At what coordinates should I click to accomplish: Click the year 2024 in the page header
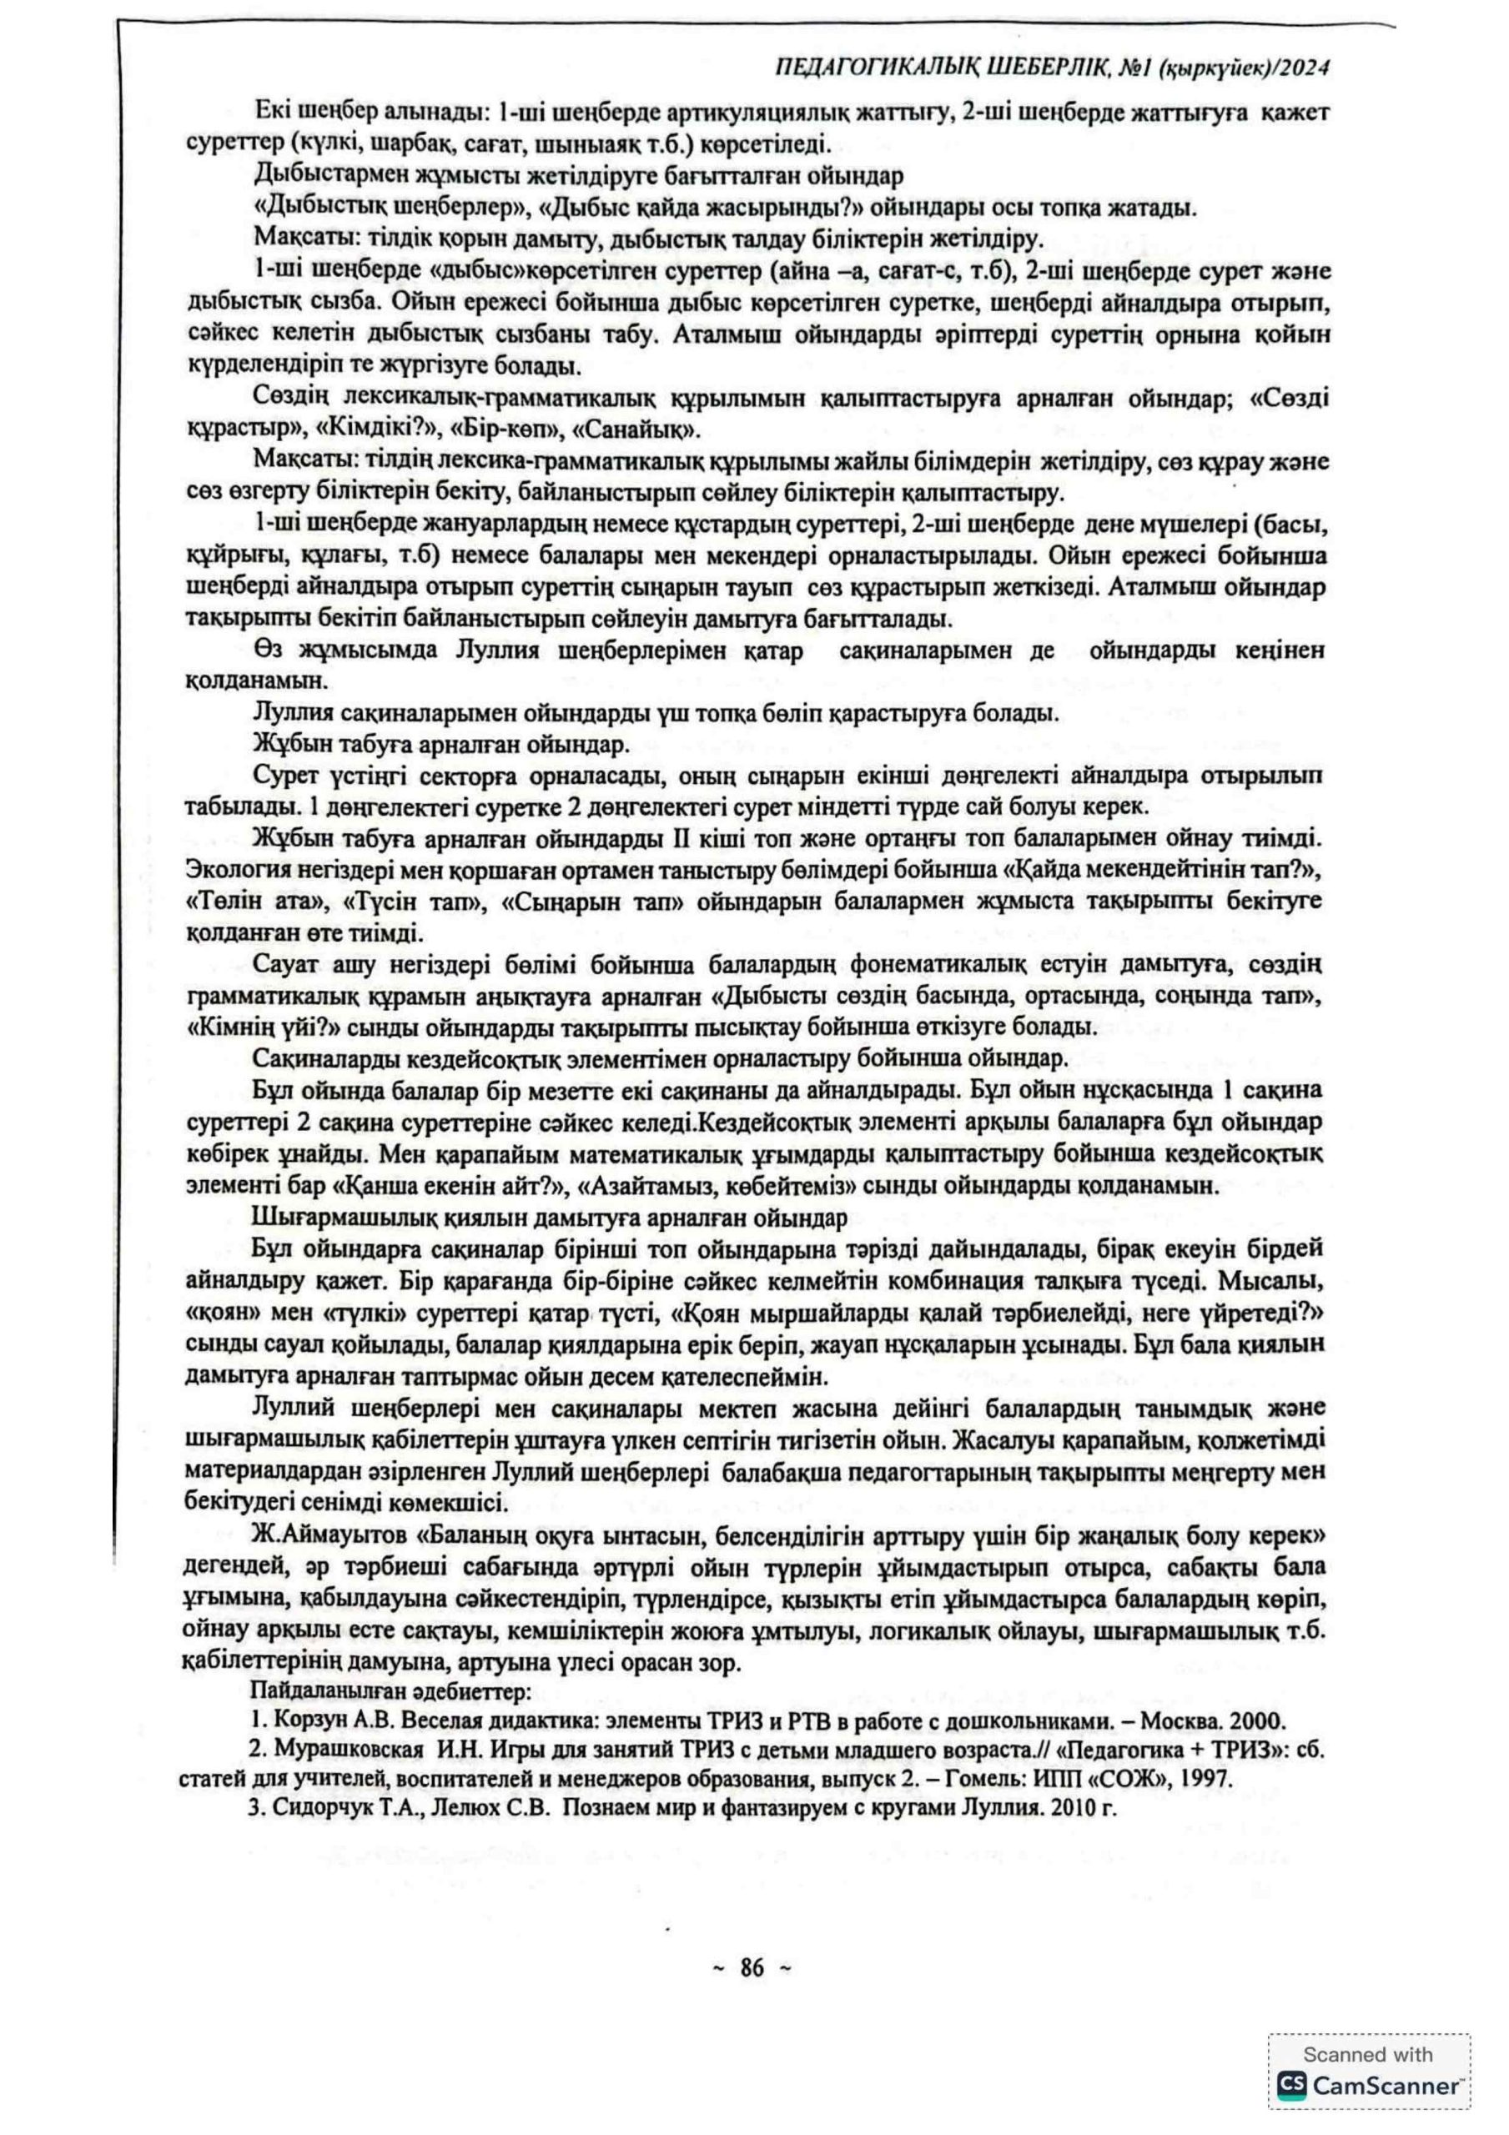(x=1305, y=68)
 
